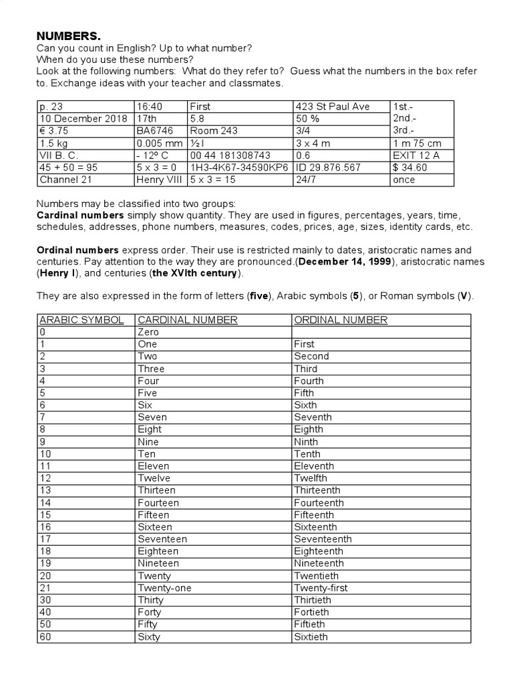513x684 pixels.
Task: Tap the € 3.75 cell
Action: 57,131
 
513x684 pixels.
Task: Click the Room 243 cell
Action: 214,131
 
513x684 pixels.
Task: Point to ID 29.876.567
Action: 328,168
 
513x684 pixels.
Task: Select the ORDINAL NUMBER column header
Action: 341,320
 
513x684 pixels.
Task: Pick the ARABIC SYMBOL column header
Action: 81,320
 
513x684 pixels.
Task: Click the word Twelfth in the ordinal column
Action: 311,478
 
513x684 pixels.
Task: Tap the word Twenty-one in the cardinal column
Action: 164,588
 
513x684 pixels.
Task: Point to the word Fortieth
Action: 311,612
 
